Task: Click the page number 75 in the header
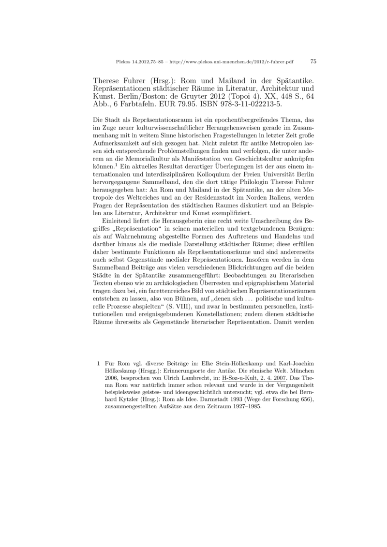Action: click(313, 62)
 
